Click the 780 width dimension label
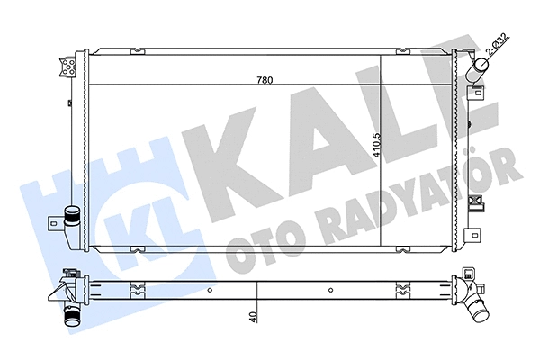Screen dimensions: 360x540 (x=264, y=80)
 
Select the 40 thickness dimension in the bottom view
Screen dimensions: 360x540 (x=256, y=316)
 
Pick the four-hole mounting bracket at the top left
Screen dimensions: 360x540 (x=67, y=65)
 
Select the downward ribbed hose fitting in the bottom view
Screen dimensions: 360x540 (x=69, y=316)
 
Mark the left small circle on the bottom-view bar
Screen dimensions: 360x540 (x=210, y=290)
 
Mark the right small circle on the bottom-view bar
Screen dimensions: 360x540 (x=331, y=290)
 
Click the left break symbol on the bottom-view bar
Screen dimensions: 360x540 (x=137, y=289)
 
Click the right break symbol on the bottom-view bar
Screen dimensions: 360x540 (x=401, y=289)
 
